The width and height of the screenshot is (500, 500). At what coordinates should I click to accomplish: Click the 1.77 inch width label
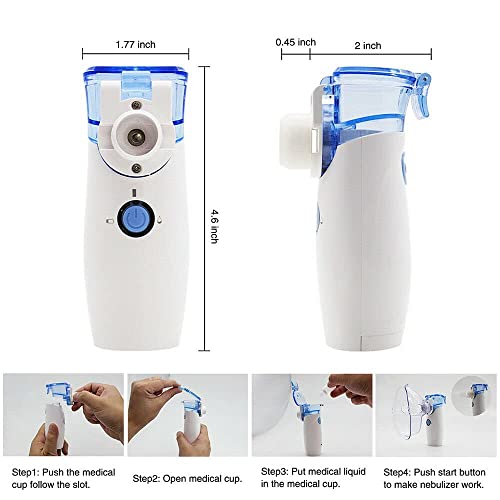pyautogui.click(x=135, y=44)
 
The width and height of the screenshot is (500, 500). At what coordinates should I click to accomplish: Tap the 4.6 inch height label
pyautogui.click(x=215, y=226)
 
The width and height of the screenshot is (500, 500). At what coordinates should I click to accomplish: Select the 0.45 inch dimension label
pyautogui.click(x=296, y=42)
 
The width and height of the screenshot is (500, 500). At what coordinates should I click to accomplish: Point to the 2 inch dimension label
pyautogui.click(x=368, y=45)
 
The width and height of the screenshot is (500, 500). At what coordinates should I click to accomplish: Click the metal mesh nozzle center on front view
pyautogui.click(x=135, y=137)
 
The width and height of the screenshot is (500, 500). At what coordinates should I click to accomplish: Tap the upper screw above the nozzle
pyautogui.click(x=136, y=105)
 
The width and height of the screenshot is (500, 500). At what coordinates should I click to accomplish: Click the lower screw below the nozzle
pyautogui.click(x=136, y=168)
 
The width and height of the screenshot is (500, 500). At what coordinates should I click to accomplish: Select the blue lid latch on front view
pyautogui.click(x=137, y=84)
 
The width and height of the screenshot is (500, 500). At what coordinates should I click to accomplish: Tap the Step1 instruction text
pyautogui.click(x=63, y=478)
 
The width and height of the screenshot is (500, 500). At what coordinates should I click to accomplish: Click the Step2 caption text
pyautogui.click(x=187, y=479)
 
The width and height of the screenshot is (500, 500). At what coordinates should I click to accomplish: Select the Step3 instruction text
pyautogui.click(x=313, y=477)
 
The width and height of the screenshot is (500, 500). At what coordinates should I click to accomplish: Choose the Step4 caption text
pyautogui.click(x=434, y=478)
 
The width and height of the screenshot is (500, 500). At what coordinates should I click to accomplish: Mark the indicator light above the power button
pyautogui.click(x=134, y=193)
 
